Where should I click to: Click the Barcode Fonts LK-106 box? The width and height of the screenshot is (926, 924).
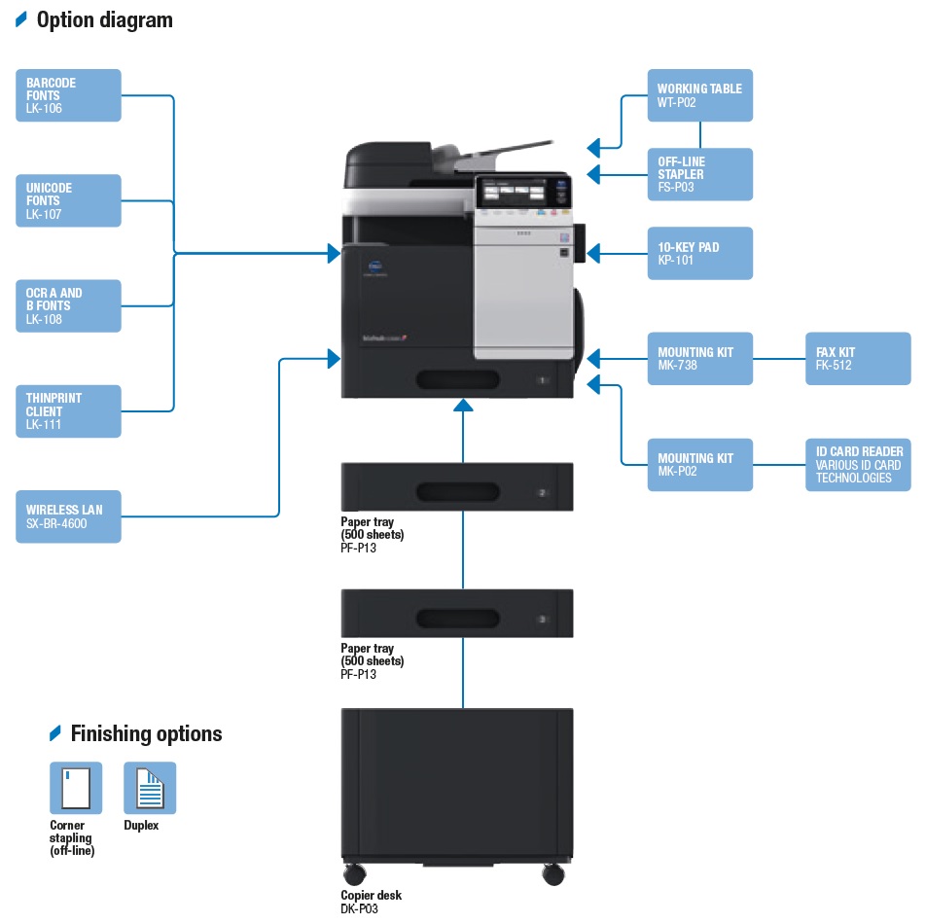tap(68, 95)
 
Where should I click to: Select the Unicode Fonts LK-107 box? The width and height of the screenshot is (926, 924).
tap(68, 200)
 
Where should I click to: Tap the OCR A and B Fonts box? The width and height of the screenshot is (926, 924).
tap(68, 305)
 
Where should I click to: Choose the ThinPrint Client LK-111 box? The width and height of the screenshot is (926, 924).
tap(68, 410)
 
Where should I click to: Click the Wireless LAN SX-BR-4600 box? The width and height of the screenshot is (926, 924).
tap(68, 516)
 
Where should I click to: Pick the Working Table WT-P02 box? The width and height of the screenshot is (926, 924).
tap(699, 95)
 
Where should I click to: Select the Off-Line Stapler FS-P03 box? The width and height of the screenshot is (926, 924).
tap(699, 174)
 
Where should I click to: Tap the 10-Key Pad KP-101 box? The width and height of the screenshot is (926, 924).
tap(699, 254)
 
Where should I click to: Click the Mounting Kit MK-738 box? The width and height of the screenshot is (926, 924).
tap(699, 359)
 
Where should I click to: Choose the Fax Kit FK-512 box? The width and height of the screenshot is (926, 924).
tap(858, 359)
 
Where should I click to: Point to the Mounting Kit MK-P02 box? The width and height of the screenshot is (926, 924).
tap(699, 464)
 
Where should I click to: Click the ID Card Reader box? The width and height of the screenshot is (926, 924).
tap(858, 464)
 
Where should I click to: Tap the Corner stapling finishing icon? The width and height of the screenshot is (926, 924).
tap(76, 788)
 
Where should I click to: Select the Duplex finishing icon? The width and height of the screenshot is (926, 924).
tap(150, 788)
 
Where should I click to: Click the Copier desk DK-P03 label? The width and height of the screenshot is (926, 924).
tap(371, 901)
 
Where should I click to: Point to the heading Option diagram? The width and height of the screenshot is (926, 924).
tap(104, 19)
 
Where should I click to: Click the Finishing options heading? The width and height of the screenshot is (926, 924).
tap(146, 733)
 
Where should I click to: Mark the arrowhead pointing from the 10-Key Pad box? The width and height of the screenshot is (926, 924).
tap(593, 254)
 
